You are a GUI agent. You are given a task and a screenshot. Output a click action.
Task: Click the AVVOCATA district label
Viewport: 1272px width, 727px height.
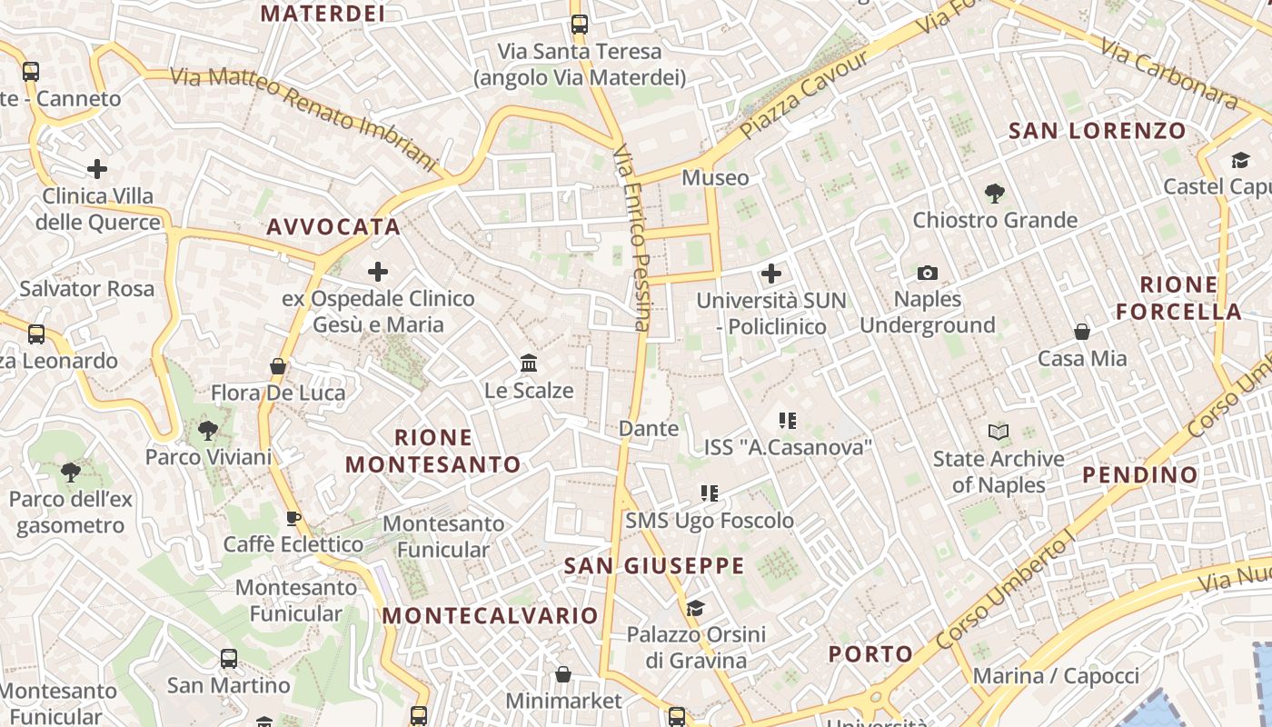[333, 226]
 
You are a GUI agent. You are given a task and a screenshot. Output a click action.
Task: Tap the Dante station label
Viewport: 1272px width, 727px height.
[648, 428]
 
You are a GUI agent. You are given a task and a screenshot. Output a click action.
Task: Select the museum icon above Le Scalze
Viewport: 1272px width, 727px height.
[529, 363]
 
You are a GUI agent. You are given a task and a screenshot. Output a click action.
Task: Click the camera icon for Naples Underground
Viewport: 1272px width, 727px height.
[927, 273]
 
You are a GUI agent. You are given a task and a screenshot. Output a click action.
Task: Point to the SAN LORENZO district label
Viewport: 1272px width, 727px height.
[1098, 131]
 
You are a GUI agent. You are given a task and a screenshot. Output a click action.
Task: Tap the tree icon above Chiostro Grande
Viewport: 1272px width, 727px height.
[994, 193]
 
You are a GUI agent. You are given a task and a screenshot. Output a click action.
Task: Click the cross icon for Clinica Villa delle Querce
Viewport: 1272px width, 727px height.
[97, 169]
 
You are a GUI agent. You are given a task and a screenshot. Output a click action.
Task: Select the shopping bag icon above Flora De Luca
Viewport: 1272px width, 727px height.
[278, 366]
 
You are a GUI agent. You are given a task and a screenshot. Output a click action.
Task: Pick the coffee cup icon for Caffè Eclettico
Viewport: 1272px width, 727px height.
[293, 519]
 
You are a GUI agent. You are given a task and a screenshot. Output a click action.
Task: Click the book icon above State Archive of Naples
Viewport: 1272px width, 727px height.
[998, 432]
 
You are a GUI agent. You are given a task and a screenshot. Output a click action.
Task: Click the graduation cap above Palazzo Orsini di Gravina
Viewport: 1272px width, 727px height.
[695, 608]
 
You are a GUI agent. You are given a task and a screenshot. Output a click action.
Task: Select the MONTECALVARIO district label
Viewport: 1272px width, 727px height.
[491, 615]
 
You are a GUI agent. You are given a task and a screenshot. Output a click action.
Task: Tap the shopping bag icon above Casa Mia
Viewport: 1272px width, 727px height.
[1081, 332]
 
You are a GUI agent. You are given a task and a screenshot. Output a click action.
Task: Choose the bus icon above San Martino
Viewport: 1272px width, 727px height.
[229, 659]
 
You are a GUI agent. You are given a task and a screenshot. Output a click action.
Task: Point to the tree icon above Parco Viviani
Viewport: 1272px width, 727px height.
[208, 430]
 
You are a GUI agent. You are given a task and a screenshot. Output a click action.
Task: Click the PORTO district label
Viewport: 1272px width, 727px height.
[870, 654]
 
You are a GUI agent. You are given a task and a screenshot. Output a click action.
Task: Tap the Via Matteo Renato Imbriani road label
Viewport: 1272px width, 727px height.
[304, 118]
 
